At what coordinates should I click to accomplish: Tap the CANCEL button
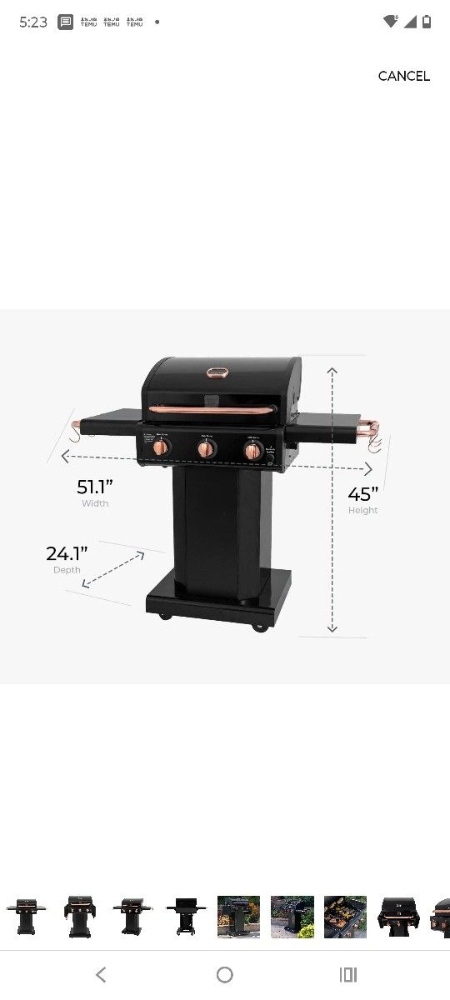(404, 76)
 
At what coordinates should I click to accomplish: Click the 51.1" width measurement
(95, 487)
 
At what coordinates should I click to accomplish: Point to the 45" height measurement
(362, 493)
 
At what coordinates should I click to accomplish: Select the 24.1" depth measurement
(67, 553)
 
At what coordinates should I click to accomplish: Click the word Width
(95, 503)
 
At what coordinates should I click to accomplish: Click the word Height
(362, 510)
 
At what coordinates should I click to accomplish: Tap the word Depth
(67, 570)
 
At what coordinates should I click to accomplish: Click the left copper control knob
(161, 448)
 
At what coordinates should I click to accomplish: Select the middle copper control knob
(205, 449)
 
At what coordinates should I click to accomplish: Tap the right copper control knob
(251, 451)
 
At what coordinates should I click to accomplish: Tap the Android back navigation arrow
(101, 974)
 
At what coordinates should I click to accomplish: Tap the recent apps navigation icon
(348, 974)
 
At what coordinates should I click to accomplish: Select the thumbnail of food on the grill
(345, 917)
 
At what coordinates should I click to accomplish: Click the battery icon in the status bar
(427, 22)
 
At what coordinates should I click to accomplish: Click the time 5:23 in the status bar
(33, 22)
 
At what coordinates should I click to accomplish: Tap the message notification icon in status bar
(65, 22)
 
